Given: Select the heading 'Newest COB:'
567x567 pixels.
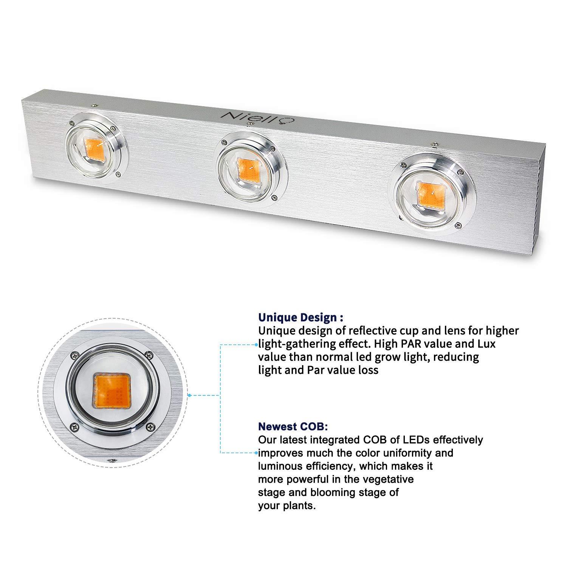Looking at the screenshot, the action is [293, 426].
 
